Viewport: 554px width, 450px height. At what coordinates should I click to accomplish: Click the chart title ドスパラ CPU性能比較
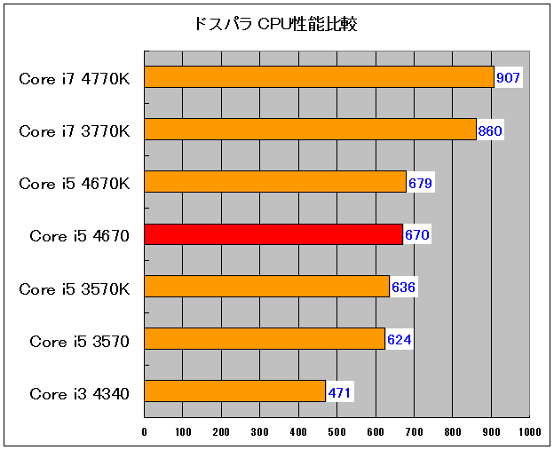[x=275, y=24]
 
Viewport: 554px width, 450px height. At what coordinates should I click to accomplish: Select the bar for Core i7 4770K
[x=318, y=77]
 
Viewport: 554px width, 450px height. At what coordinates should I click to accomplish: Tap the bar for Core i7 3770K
[x=310, y=130]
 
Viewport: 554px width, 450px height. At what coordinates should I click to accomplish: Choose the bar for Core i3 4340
[x=234, y=391]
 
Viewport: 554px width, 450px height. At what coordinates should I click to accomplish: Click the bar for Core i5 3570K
[x=266, y=287]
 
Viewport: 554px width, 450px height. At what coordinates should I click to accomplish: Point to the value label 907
[x=508, y=78]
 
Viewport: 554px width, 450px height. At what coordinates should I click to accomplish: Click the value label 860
[x=490, y=131]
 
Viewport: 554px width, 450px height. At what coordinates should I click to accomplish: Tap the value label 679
[x=420, y=184]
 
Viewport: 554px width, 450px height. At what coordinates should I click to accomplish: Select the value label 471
[x=340, y=392]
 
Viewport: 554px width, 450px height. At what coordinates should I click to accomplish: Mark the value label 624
[x=399, y=340]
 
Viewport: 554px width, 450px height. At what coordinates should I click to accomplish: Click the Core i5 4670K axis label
[x=75, y=184]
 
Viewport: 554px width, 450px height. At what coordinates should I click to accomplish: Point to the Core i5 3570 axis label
[x=80, y=340]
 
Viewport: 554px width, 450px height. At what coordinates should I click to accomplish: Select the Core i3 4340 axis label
[x=80, y=392]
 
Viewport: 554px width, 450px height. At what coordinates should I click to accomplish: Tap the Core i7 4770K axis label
[x=75, y=78]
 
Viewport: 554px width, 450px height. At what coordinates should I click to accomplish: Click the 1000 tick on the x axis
[x=530, y=432]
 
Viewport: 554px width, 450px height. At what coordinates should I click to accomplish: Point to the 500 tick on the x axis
[x=337, y=432]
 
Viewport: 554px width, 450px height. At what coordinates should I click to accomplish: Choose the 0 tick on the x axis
[x=145, y=432]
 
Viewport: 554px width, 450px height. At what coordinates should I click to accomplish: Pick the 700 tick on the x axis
[x=415, y=432]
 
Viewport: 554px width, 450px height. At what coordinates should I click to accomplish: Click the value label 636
[x=403, y=288]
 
